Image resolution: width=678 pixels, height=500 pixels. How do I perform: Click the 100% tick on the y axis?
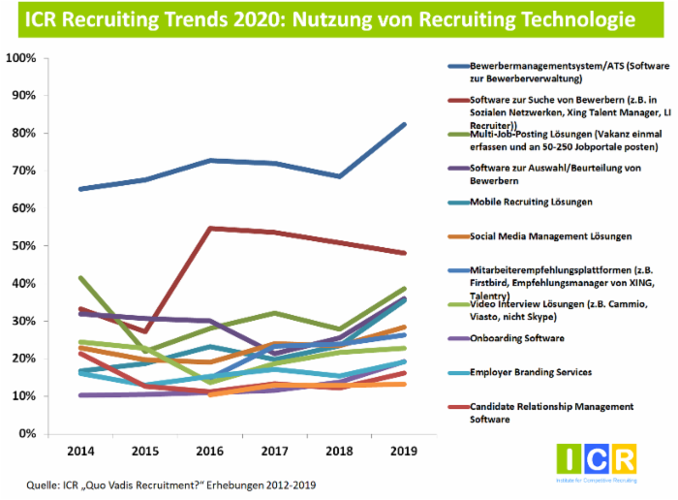tap(21, 58)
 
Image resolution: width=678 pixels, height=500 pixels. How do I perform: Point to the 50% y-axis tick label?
tap(24, 246)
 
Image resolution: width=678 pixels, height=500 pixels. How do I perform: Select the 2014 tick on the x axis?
tap(79, 452)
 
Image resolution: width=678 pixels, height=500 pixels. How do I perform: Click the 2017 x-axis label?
tap(275, 452)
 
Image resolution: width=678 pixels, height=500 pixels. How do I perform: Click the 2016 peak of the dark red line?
tap(209, 229)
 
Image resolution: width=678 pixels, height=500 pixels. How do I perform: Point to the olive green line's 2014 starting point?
tap(79, 278)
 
